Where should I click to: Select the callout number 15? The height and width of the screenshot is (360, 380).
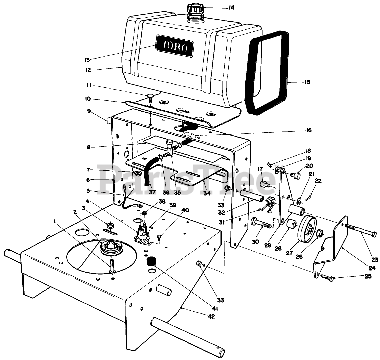307,82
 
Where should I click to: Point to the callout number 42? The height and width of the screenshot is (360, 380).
211,317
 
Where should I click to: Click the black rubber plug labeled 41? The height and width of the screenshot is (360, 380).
152,260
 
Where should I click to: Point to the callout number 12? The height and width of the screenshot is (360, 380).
88,70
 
